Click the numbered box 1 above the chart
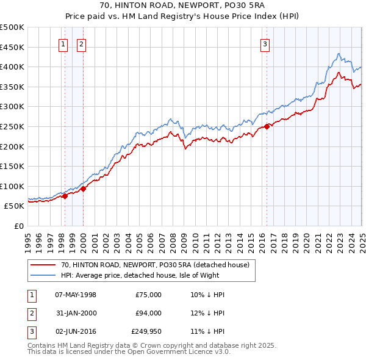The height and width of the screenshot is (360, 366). click(63, 43)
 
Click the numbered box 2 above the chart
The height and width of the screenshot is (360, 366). click(81, 43)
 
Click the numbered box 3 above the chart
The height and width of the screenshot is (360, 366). click(265, 43)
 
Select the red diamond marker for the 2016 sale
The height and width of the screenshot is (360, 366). click(267, 126)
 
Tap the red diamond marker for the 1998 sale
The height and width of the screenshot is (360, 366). click(65, 196)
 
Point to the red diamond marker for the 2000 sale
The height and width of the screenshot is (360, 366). click(84, 189)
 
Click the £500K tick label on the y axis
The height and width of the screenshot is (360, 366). click(12, 27)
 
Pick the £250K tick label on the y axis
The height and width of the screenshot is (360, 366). click(12, 127)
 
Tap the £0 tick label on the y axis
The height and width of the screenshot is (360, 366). click(19, 226)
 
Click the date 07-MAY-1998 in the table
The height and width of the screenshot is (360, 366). click(76, 295)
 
